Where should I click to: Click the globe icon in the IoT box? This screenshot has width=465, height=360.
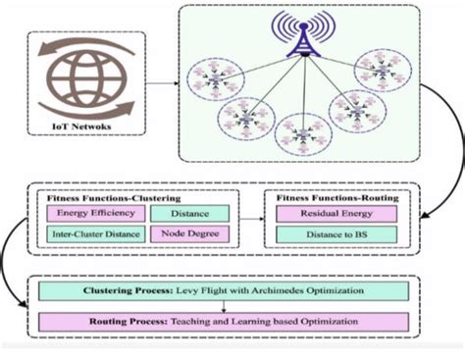coord(77,80)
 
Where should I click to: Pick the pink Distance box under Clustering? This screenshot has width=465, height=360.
coord(187,212)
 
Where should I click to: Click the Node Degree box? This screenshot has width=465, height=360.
coord(187,233)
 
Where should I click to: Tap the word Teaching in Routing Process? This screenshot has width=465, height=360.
coord(195,321)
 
